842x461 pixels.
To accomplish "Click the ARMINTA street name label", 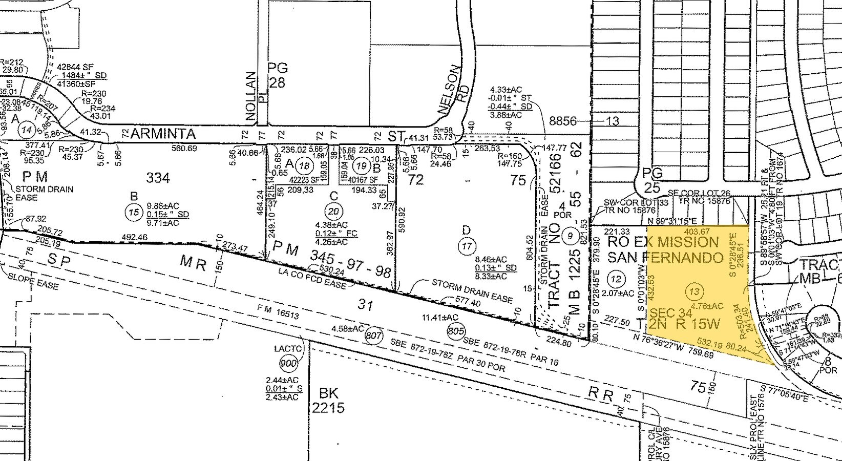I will click(163, 134).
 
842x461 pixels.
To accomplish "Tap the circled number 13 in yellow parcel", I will click(694, 292).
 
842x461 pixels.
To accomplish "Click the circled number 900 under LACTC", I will click(289, 364).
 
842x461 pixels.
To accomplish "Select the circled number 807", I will click(373, 336).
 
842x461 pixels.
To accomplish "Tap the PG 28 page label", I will click(278, 75).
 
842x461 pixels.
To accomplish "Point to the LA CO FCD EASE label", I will click(312, 277).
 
